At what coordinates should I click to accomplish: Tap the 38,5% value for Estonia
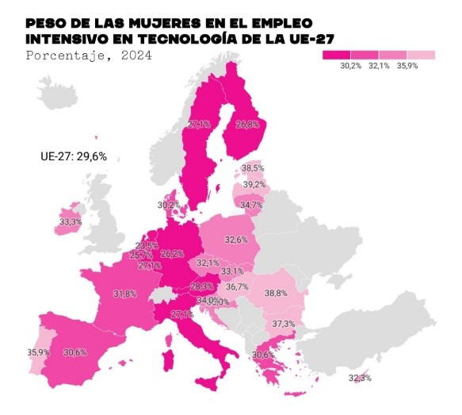(x=253, y=168)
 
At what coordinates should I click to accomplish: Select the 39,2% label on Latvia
(x=254, y=185)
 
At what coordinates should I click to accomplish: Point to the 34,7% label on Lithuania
(x=251, y=206)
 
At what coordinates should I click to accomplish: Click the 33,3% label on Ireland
(x=71, y=222)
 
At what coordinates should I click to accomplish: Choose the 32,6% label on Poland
(x=235, y=240)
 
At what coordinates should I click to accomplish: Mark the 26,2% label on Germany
(x=172, y=255)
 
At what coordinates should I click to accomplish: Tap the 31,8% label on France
(x=124, y=294)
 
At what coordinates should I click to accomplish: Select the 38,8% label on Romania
(x=276, y=293)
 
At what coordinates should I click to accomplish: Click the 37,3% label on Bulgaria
(x=283, y=325)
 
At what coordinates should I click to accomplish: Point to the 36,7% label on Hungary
(x=237, y=287)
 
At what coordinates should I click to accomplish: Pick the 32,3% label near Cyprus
(x=360, y=378)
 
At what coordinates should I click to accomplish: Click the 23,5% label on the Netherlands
(x=147, y=246)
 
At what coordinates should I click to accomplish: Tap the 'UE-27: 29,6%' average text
(x=73, y=156)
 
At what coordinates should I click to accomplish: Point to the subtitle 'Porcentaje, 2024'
(x=88, y=56)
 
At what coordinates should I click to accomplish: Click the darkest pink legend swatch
(x=336, y=55)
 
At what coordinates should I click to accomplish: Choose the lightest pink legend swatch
(x=421, y=55)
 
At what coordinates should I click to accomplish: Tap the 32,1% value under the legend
(x=380, y=67)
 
